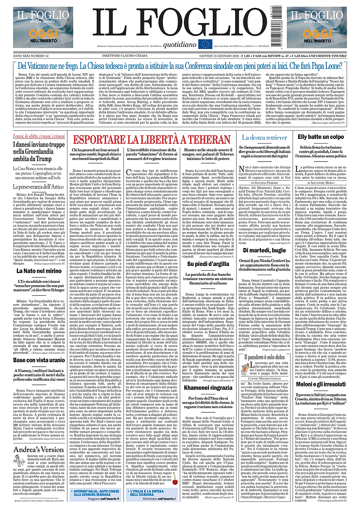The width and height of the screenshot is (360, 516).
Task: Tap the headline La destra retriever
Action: [264, 137]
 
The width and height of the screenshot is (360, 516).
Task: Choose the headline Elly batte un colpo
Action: [321, 137]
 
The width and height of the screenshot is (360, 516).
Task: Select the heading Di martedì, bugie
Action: [264, 250]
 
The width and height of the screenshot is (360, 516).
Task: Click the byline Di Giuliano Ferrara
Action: [264, 182]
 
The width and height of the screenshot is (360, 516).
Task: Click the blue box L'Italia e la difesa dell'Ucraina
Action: [152, 493]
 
